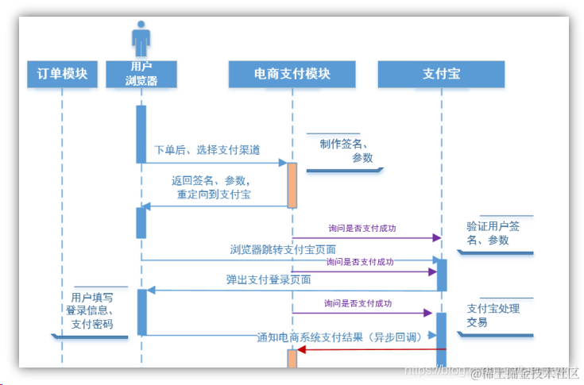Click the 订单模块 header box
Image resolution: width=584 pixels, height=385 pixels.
click(62, 75)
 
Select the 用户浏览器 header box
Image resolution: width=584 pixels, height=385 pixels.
click(141, 75)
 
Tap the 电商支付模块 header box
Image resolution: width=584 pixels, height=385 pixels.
click(292, 75)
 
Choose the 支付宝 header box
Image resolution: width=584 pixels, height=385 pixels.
click(441, 75)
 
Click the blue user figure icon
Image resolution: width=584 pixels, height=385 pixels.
click(141, 38)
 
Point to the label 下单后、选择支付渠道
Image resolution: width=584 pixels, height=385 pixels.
click(207, 149)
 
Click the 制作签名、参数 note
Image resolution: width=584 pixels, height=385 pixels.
click(346, 151)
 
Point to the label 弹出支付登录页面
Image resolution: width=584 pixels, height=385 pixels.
click(269, 279)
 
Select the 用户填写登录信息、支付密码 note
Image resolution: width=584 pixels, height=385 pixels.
click(91, 310)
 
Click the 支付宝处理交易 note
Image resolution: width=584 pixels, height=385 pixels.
click(493, 315)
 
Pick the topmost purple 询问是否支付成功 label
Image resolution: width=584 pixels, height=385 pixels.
click(362, 228)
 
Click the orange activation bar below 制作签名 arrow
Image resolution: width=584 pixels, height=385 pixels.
click(292, 185)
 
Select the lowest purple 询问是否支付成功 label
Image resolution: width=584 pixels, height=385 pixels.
click(358, 303)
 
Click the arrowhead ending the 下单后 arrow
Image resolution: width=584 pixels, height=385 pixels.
click(283, 163)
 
